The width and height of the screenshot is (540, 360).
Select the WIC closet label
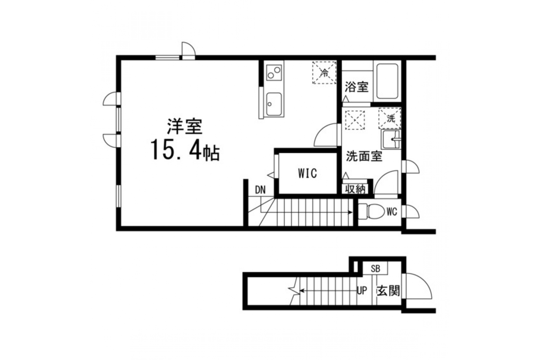(307, 173)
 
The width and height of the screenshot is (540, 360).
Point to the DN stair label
(260, 190)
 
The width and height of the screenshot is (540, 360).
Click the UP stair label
(362, 291)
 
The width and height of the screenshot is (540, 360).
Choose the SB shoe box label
(375, 269)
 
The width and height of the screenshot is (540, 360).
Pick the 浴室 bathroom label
(357, 87)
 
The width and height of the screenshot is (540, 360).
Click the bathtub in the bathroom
(387, 81)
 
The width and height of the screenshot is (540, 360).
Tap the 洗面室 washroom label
(364, 157)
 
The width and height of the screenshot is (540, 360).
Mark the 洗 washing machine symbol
(390, 119)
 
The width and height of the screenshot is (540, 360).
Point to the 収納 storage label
(355, 189)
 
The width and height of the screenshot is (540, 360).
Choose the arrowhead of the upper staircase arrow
(351, 212)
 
